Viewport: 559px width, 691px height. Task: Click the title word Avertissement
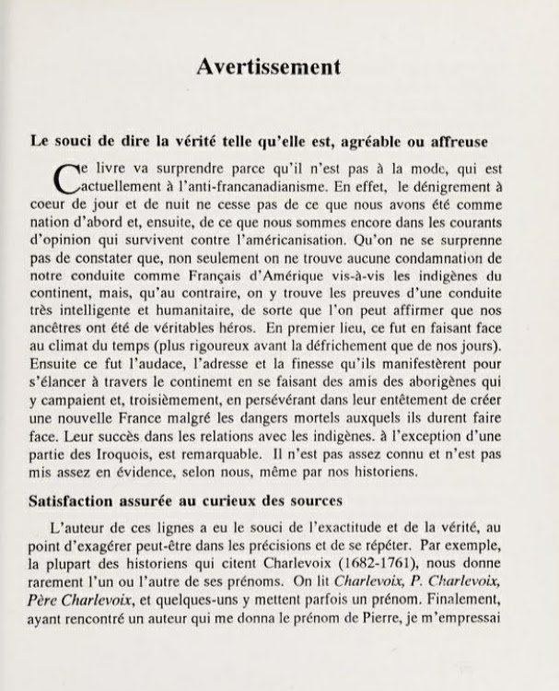coord(270,67)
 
